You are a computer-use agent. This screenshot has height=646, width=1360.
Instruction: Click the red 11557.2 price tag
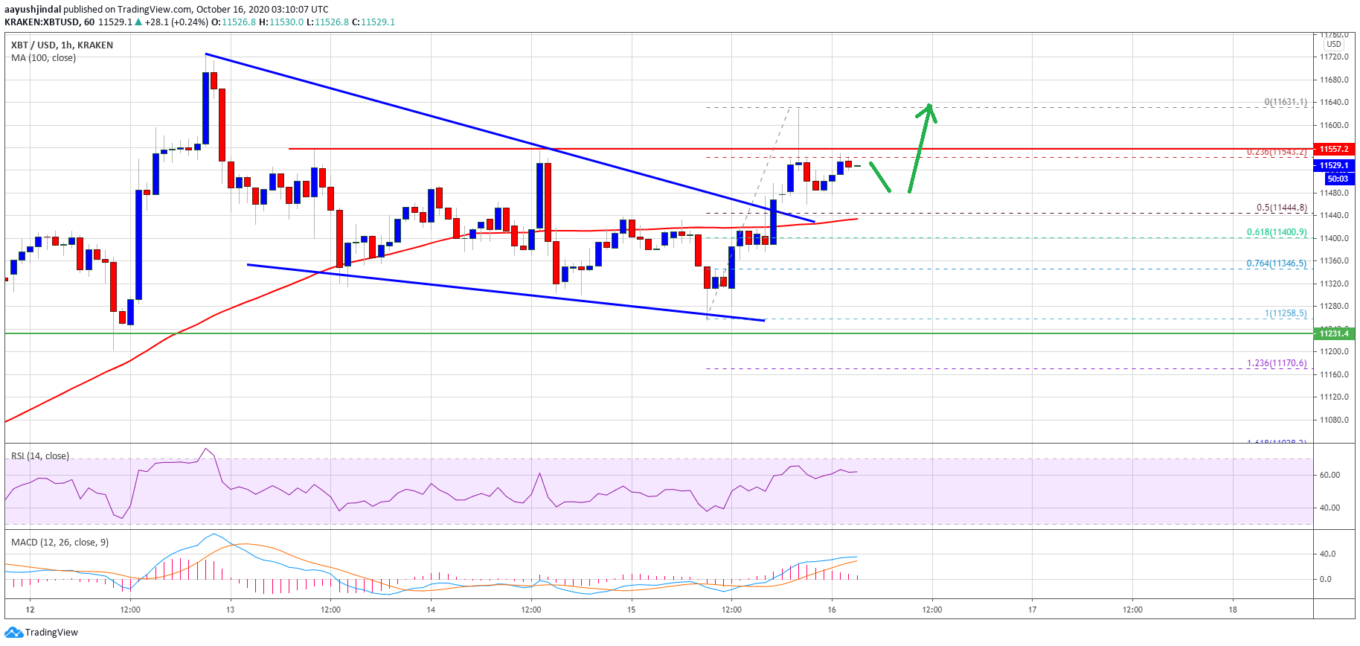1335,149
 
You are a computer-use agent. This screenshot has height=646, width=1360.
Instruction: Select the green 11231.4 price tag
1335,333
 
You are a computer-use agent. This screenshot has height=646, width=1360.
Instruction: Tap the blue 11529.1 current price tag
1335,165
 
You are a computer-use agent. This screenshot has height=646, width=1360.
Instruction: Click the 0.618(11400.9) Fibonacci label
1277,232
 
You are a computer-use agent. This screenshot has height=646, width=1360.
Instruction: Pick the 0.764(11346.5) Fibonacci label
1277,263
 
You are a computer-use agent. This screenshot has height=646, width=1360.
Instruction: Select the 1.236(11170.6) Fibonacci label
1277,363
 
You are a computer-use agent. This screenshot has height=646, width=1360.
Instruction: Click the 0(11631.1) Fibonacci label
1286,102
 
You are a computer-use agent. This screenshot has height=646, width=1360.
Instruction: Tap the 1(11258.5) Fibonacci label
1286,313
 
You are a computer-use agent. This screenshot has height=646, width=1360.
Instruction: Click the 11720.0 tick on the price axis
1334,57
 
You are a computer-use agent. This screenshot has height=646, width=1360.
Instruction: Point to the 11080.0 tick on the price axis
1334,420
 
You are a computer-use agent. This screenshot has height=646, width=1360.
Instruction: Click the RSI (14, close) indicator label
40,456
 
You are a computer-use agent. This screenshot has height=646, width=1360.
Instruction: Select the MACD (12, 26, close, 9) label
60,543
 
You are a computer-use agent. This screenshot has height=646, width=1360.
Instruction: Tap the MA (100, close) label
43,58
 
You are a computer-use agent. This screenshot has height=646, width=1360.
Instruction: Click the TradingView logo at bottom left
42,633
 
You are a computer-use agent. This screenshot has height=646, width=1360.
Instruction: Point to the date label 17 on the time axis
1032,610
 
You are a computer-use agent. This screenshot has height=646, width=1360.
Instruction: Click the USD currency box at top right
1334,44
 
